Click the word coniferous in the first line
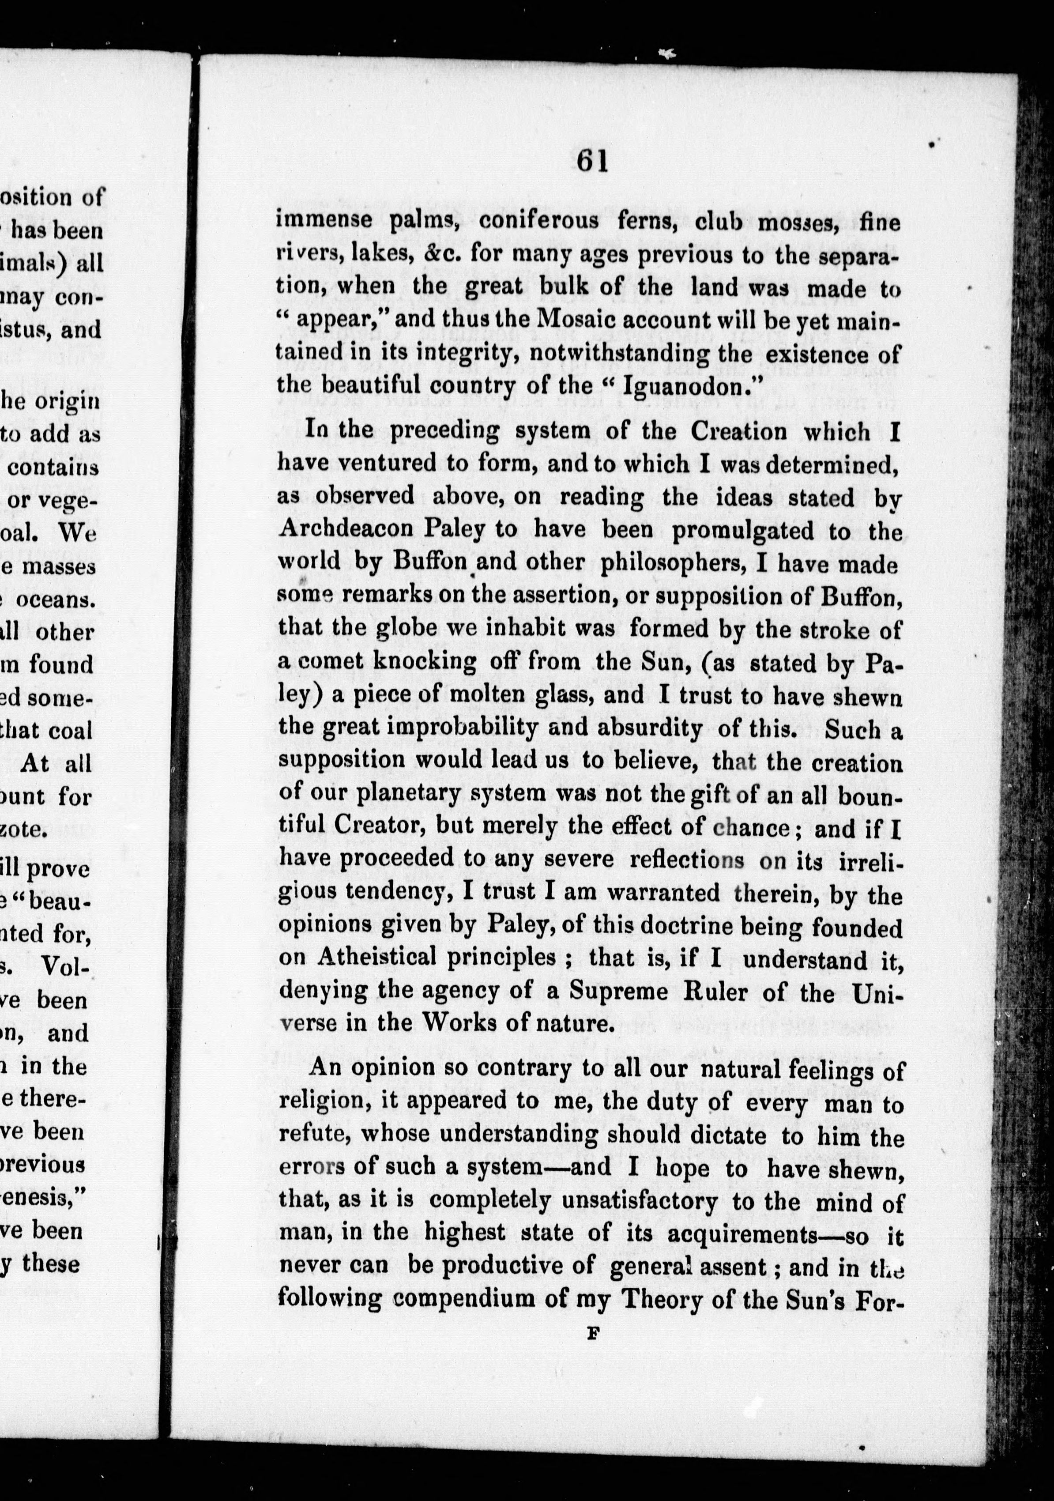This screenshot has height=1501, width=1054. (538, 221)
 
